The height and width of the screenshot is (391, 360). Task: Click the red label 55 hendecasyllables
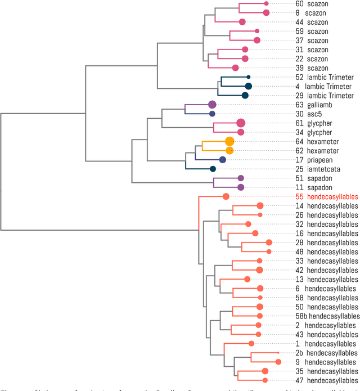327,197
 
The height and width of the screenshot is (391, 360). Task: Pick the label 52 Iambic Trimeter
323,77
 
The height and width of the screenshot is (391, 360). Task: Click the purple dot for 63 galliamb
212,105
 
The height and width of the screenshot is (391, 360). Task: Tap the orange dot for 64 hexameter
229,141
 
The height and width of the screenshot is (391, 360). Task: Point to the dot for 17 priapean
223,160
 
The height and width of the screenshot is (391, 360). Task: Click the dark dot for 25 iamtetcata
213,169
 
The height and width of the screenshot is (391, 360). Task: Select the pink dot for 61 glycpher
241,123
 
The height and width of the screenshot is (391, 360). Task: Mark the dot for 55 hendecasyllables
226,196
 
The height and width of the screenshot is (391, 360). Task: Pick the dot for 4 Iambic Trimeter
248,86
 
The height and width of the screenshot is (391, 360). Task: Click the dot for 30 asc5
212,114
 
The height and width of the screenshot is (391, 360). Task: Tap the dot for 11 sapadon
241,187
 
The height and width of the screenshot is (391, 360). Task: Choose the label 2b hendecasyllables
326,353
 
